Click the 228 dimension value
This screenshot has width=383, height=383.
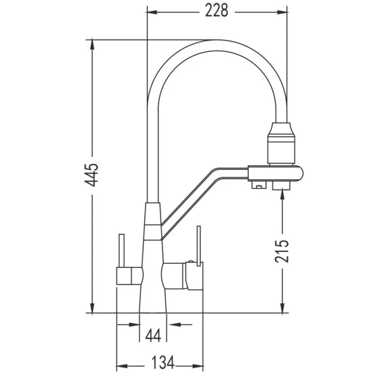pos(216,11)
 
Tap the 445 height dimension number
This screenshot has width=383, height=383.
pos(91,175)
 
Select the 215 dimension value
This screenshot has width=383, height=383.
pos(282,251)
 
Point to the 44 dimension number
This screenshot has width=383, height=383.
pos(153,335)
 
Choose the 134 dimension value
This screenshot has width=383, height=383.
pos(163,362)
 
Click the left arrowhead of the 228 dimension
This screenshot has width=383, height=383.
pos(152,12)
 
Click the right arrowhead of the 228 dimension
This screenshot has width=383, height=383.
pos(282,12)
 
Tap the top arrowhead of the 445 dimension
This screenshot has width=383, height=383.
pos(92,45)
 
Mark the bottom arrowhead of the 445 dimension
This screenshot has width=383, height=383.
pos(92,307)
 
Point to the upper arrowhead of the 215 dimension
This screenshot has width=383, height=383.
pos(282,194)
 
